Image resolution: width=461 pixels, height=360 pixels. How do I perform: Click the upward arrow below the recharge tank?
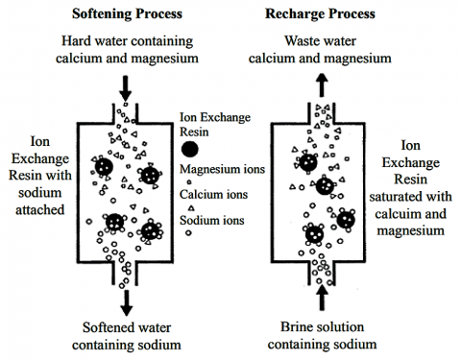(322, 300)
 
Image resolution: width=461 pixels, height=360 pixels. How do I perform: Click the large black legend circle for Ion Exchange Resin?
(191, 149)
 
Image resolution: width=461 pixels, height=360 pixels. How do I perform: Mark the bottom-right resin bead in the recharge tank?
(344, 222)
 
